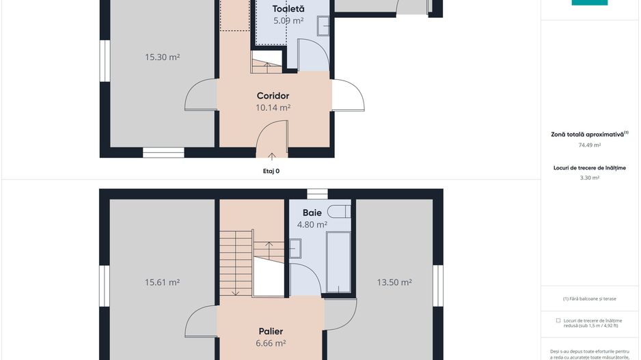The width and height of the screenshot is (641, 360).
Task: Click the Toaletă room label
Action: [288, 9]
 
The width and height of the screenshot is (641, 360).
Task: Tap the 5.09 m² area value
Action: [288, 20]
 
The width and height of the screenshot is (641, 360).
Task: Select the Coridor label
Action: [273, 96]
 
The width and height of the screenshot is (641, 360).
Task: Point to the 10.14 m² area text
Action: [273, 107]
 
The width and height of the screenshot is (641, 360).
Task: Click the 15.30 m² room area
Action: [162, 57]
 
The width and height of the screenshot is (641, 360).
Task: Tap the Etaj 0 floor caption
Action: [271, 171]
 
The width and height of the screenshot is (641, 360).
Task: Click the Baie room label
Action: [312, 212]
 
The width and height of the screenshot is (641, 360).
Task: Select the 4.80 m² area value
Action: [312, 224]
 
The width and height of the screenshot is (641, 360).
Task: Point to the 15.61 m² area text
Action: [162, 282]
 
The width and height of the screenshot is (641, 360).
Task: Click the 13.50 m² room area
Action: [394, 282]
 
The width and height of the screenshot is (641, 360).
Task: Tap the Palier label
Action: [271, 331]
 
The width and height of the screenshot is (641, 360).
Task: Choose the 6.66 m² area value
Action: [271, 343]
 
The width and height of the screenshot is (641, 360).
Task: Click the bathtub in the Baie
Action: [338, 262]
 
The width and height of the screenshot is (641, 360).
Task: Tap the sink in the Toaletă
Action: [323, 26]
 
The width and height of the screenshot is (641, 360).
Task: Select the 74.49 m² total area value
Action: [590, 145]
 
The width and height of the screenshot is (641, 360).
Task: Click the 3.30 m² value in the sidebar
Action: [590, 178]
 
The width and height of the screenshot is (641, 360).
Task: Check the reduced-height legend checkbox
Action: [558, 320]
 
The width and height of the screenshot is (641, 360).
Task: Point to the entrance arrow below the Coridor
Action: [271, 156]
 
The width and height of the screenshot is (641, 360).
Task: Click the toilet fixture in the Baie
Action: [340, 211]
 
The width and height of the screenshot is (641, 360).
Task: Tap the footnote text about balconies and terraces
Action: [590, 299]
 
